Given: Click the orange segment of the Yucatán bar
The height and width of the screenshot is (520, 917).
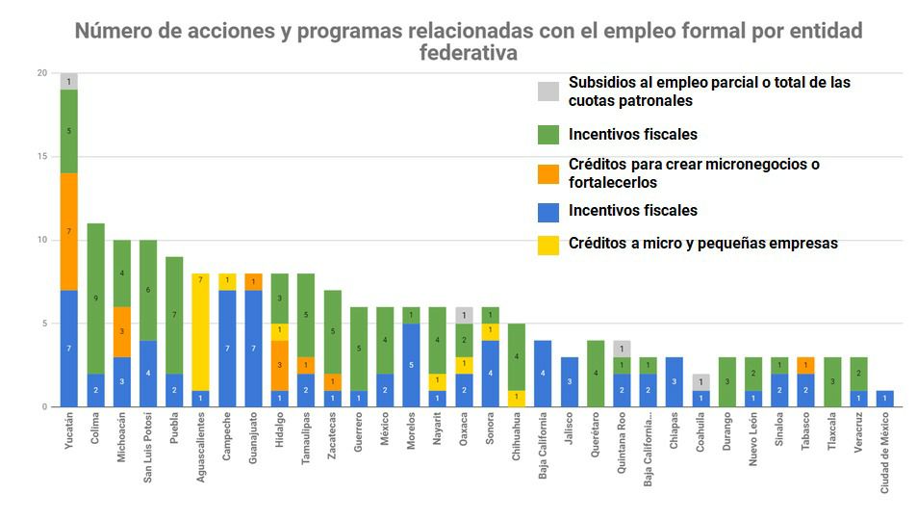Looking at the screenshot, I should coord(69,231).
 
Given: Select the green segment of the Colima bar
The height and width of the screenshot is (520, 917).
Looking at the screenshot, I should coord(95,299).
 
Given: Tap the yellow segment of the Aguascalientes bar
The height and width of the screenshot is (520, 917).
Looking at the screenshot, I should coord(200,331).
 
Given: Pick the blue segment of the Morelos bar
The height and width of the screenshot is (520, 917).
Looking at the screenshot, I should coord(411,365).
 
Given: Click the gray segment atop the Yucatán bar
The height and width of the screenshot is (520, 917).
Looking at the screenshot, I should coord(69,82).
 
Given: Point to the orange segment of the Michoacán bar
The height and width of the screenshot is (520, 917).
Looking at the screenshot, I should coord(121,331).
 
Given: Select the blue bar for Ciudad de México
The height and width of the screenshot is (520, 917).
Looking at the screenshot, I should coord(884,398).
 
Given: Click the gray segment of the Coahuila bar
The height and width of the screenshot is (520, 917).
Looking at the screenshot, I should coord(700,381).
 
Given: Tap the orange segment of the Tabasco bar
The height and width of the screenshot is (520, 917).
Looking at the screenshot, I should coord(805,365).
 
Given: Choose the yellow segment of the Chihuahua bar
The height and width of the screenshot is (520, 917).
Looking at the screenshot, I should coord(516,398).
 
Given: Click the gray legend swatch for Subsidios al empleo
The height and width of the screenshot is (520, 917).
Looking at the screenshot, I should coord(548,91).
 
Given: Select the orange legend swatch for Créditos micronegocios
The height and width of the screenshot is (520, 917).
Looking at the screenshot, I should coord(548,173).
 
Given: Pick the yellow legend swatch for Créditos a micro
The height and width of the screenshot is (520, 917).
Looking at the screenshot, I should coord(548,243).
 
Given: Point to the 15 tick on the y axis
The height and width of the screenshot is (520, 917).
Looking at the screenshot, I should coord(40,157).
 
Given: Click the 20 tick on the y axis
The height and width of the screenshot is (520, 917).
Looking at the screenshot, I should coord(40,73).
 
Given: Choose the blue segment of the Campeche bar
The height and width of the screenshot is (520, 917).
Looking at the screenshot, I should coord(227,348).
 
